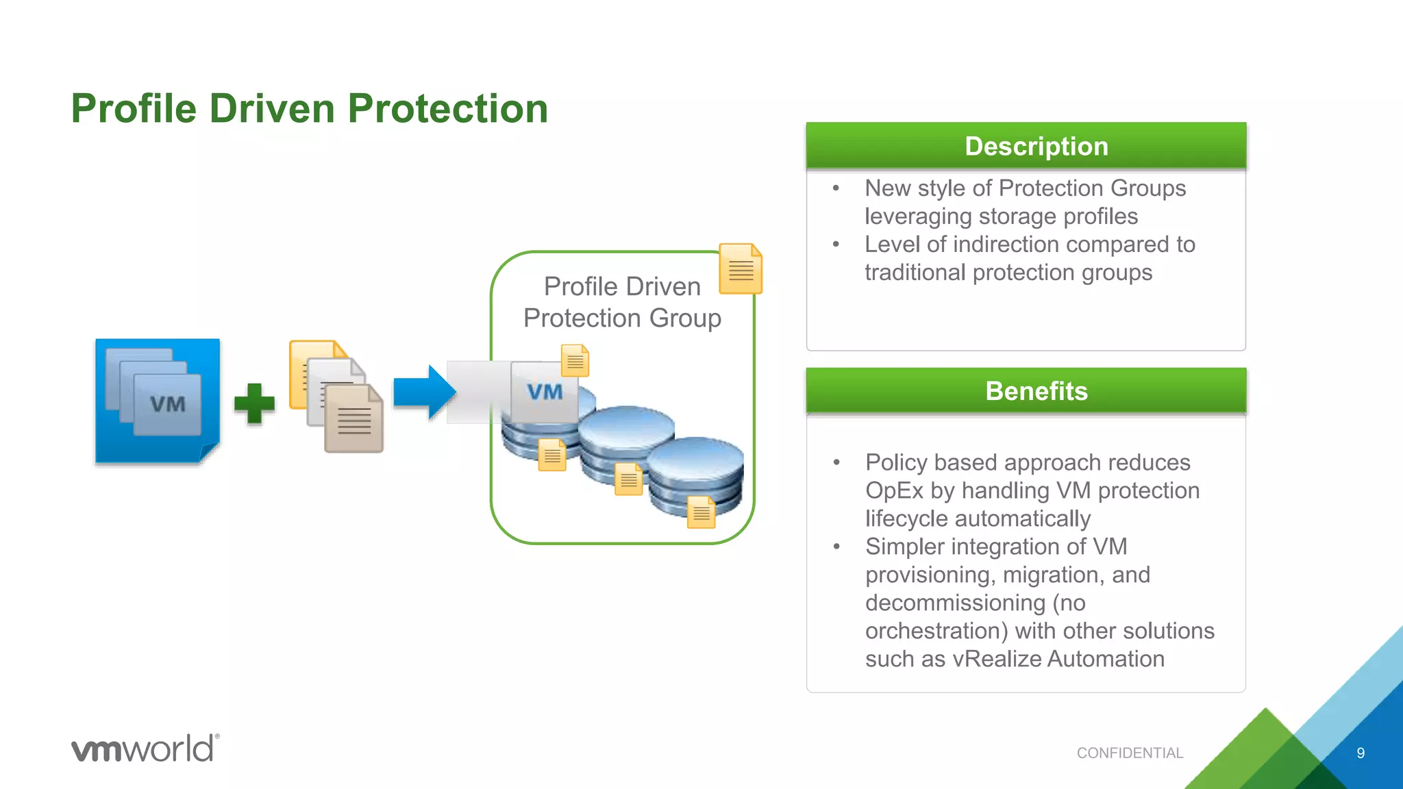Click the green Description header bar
pyautogui.click(x=1026, y=146)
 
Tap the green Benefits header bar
pyautogui.click(x=1026, y=391)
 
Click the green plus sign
pyautogui.click(x=254, y=403)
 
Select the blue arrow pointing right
pyautogui.click(x=424, y=392)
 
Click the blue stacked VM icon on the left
pyautogui.click(x=158, y=401)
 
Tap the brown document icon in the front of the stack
pyautogui.click(x=353, y=419)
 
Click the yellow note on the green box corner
pyautogui.click(x=740, y=268)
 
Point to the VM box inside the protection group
pyautogui.click(x=544, y=392)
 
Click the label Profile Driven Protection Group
pyautogui.click(x=622, y=302)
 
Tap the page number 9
pyautogui.click(x=1361, y=753)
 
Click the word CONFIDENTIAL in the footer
pyautogui.click(x=1130, y=753)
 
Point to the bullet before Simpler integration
pyautogui.click(x=836, y=547)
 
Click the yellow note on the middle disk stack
pyautogui.click(x=628, y=479)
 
